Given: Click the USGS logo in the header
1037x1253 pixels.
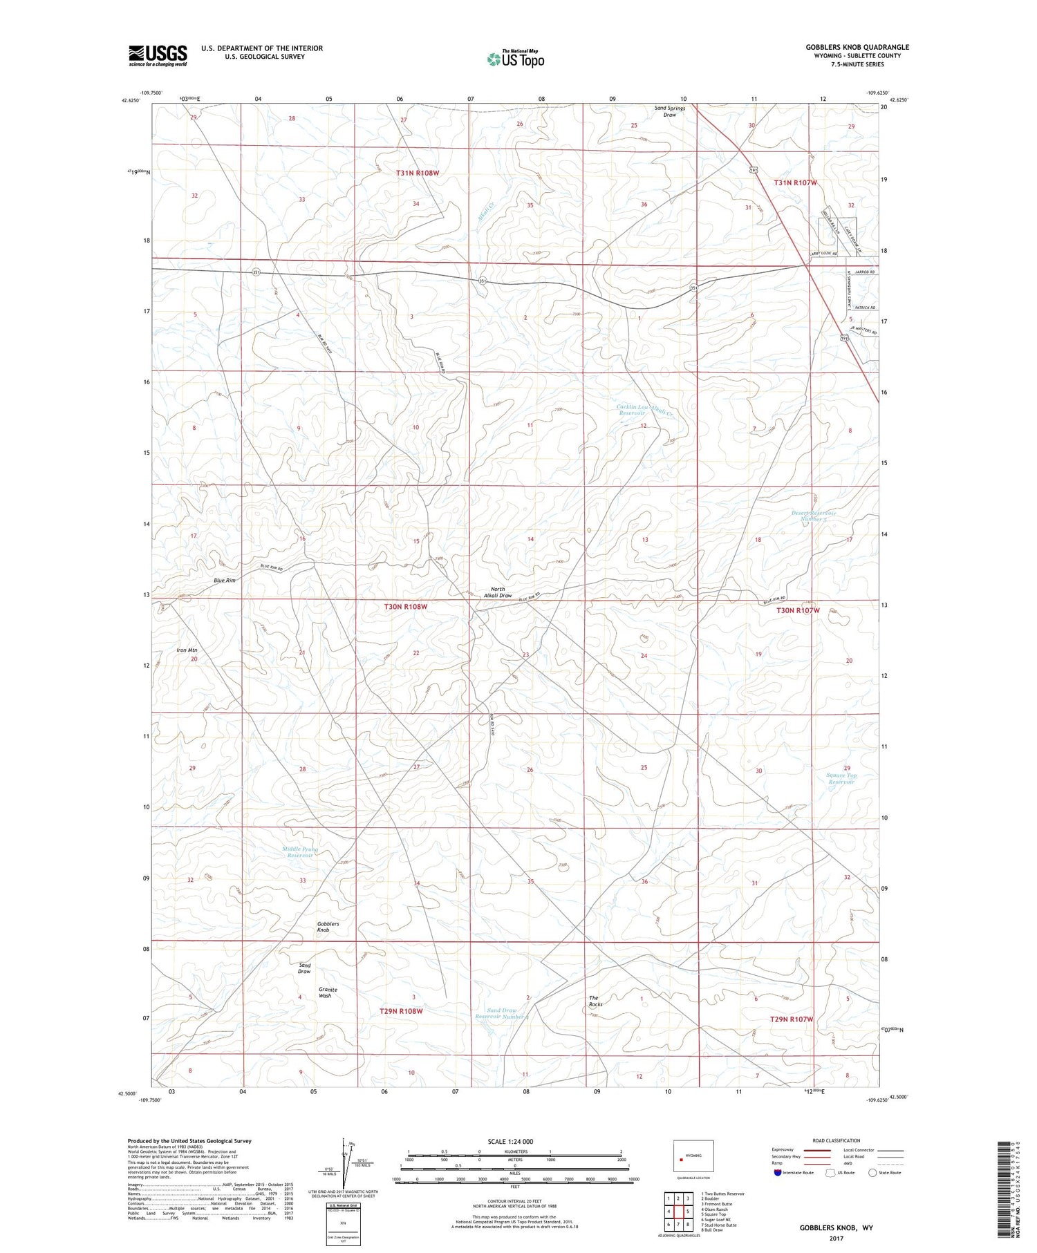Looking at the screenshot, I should pyautogui.click(x=158, y=55).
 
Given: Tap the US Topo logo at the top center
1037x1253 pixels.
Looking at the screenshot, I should pyautogui.click(x=516, y=59).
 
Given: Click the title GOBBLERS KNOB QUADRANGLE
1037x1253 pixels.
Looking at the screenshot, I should pyautogui.click(x=857, y=47).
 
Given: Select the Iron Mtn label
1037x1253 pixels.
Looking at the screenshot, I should pyautogui.click(x=187, y=650).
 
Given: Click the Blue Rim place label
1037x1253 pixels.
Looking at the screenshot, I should pyautogui.click(x=225, y=581).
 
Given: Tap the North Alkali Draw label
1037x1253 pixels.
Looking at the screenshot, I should pyautogui.click(x=498, y=592).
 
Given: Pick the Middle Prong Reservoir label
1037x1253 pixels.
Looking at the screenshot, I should pyautogui.click(x=300, y=852).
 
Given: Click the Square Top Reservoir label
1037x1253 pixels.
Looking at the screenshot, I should pyautogui.click(x=841, y=778).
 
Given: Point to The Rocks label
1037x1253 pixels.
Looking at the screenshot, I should pyautogui.click(x=595, y=1001).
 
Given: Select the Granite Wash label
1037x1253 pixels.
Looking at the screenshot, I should pyautogui.click(x=328, y=992).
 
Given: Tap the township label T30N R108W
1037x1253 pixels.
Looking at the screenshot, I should pyautogui.click(x=406, y=607).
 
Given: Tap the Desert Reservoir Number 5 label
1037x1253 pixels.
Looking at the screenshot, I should pyautogui.click(x=814, y=516).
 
